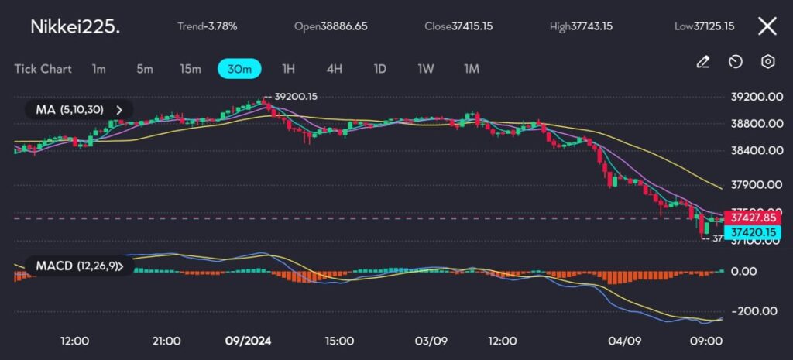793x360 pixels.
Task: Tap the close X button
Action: pos(767,26)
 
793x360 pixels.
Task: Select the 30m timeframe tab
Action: pos(239,69)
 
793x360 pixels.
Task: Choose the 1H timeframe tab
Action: pos(288,69)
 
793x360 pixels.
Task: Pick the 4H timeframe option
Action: pos(334,69)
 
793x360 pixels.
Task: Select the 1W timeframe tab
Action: pos(425,69)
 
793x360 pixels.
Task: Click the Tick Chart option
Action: pos(43,69)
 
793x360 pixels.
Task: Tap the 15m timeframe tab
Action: pos(191,69)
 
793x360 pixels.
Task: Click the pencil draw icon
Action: pos(703,62)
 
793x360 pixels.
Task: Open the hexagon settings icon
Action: pos(767,62)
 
